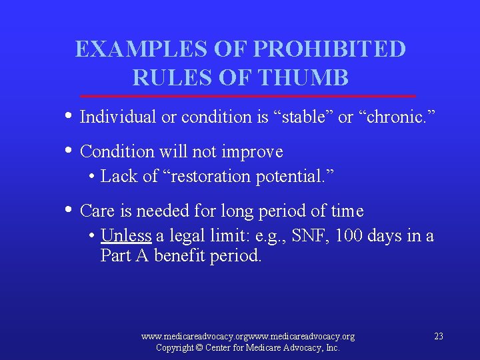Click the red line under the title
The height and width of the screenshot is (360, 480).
click(x=247, y=96)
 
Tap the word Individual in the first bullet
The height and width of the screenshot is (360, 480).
click(x=117, y=117)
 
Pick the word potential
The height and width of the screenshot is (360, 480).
click(x=298, y=177)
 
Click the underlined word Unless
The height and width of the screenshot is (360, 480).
click(x=126, y=236)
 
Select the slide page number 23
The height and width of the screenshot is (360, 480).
click(x=438, y=336)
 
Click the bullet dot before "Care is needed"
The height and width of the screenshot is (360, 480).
click(x=70, y=210)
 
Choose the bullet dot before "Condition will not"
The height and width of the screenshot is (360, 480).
click(x=70, y=151)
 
